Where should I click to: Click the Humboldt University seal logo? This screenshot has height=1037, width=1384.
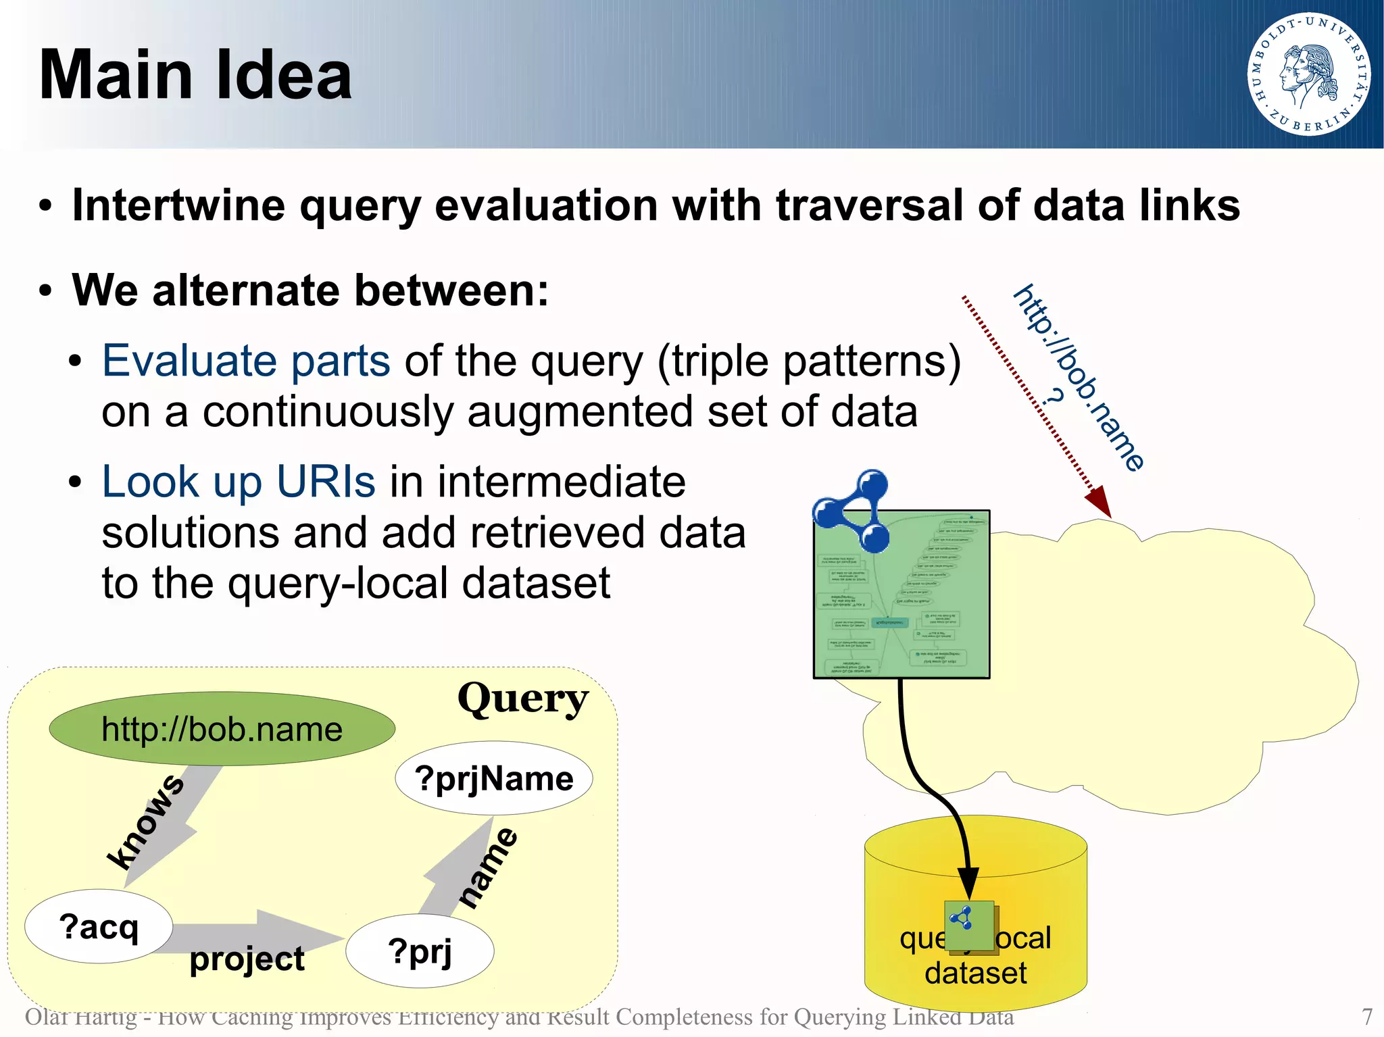(x=1309, y=74)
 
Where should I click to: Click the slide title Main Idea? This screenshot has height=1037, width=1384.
(x=195, y=76)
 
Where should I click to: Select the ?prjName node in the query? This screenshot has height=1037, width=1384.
(x=494, y=779)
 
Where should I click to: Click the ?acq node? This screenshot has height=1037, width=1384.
(x=99, y=926)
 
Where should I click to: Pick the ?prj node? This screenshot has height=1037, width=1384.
(x=420, y=952)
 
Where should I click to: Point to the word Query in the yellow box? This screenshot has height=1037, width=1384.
(x=522, y=699)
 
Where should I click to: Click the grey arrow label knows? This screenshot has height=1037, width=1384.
(x=145, y=821)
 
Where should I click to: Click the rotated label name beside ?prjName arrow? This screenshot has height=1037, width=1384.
(x=489, y=868)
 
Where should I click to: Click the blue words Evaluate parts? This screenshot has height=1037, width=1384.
(x=246, y=361)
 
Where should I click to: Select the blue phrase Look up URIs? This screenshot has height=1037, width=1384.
(x=238, y=482)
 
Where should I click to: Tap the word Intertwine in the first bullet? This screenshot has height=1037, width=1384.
(x=178, y=205)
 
